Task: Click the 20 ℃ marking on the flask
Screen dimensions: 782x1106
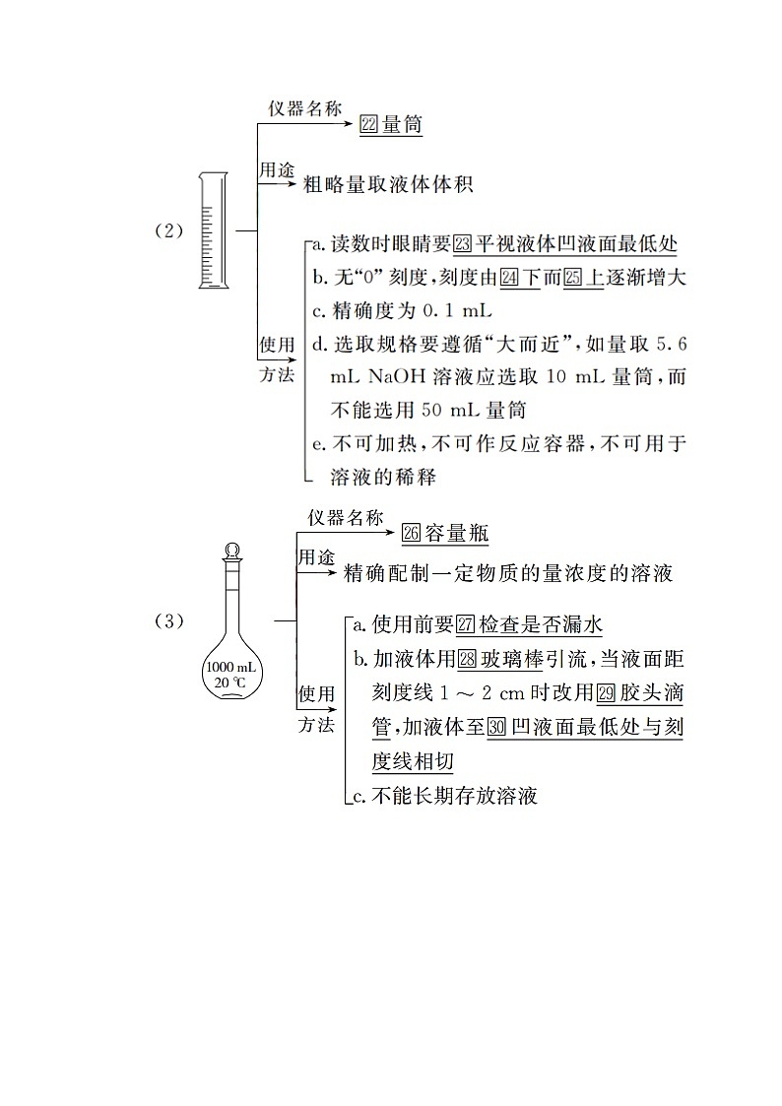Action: tap(232, 682)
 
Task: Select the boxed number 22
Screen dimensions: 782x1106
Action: tap(370, 125)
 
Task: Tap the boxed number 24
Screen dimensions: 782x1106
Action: tap(509, 278)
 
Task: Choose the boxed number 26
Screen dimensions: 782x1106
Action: tap(412, 533)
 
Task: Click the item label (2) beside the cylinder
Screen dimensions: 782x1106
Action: tap(169, 231)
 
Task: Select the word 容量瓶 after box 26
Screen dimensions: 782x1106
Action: tap(457, 533)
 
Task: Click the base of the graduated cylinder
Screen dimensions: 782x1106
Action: tap(213, 285)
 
